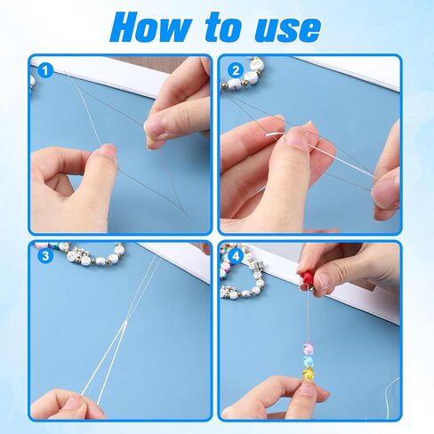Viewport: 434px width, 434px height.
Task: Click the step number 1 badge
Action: (45, 71)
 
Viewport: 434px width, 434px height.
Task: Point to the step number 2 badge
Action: (236, 71)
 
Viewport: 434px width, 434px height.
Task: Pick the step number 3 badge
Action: (45, 255)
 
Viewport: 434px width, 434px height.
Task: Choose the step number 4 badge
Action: (236, 255)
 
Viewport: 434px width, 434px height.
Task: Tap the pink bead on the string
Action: (309, 349)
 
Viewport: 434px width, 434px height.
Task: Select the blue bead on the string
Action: (309, 361)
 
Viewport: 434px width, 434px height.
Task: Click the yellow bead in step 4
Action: (309, 374)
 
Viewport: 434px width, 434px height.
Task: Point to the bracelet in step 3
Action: (78, 253)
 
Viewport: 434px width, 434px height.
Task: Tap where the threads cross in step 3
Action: (126, 322)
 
